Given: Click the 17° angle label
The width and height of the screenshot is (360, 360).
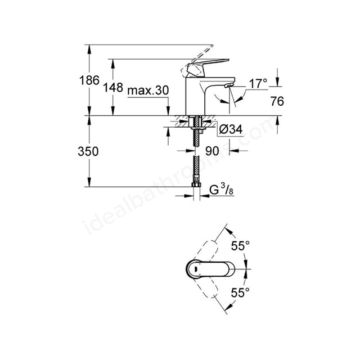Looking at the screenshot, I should (258, 84).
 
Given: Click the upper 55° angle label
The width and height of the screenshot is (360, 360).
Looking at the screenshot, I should (240, 245).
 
